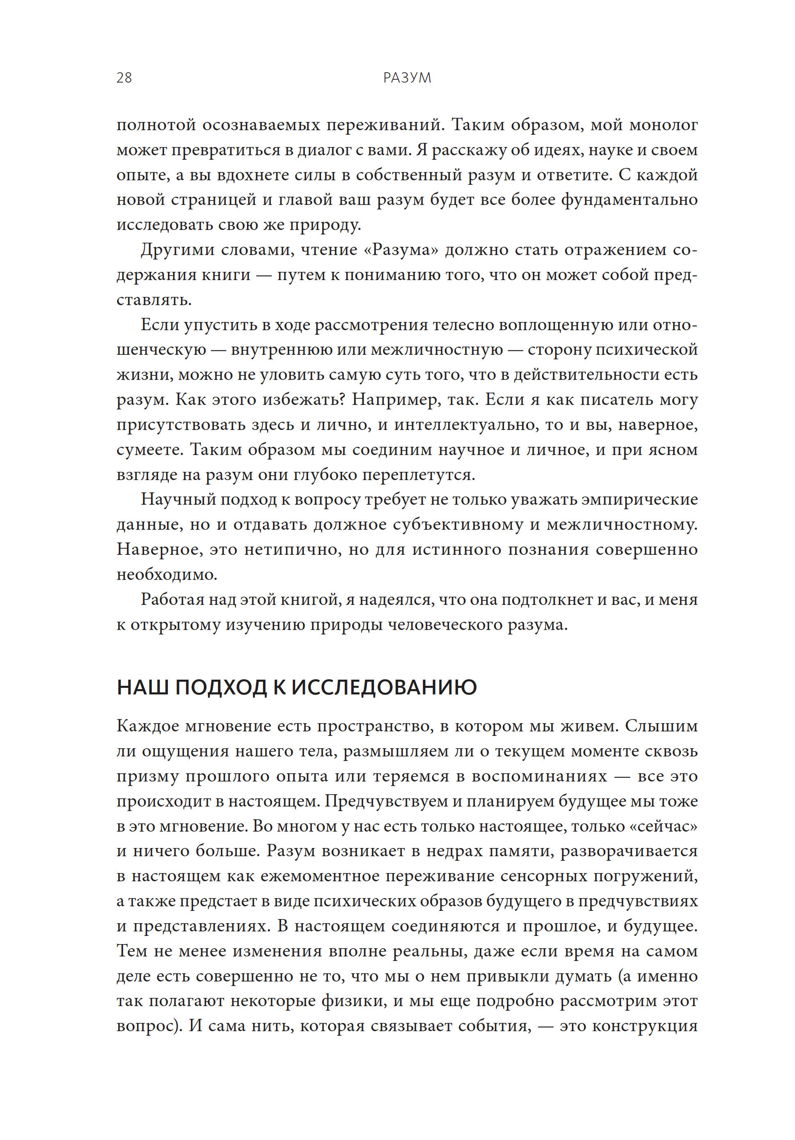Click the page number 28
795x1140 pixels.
coord(124,78)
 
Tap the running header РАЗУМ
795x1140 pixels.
coord(407,78)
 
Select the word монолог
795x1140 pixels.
coord(664,124)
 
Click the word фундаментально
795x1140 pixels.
coord(629,200)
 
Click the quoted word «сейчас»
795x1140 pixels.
coord(666,826)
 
